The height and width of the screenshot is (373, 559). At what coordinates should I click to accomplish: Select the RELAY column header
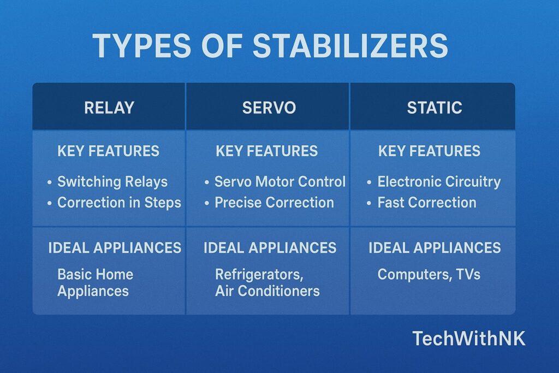109,108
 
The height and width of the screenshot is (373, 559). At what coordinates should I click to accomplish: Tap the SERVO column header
269,108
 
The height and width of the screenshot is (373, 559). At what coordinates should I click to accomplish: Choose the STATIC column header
434,108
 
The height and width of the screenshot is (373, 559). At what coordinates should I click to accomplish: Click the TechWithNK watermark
468,339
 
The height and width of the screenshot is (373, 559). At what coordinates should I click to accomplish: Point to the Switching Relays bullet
112,182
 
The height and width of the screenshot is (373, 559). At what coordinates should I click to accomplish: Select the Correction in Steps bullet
119,203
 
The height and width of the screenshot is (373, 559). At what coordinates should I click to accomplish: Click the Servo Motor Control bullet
279,182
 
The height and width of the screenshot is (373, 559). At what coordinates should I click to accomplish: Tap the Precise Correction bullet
274,203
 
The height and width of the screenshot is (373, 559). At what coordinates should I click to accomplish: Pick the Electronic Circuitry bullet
439,182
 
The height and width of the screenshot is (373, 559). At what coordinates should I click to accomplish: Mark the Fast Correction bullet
427,203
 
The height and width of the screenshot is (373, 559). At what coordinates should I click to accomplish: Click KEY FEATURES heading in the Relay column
108,151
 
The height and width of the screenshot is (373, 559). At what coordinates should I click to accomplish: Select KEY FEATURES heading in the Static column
429,151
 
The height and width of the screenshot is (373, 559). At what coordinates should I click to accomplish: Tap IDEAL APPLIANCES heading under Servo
270,248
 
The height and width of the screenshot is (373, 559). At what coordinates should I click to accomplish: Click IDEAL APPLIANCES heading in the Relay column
115,248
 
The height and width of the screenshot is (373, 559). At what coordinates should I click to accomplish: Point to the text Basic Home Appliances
95,282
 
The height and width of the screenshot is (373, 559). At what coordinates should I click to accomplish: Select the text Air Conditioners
267,291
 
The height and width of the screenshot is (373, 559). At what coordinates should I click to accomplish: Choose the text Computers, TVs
429,274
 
